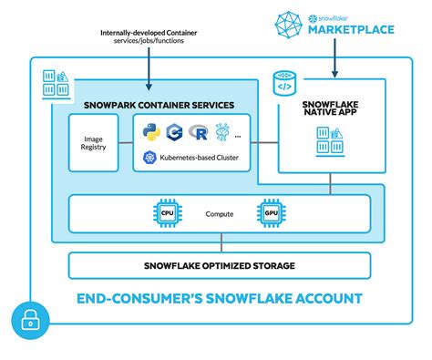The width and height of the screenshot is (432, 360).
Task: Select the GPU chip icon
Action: [x=268, y=213]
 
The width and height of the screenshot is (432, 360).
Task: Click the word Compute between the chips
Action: [x=218, y=214]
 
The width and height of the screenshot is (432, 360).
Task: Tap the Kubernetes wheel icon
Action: [x=150, y=158]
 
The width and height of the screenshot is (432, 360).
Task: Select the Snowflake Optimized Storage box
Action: [x=220, y=265]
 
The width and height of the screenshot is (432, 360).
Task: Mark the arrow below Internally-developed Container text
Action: [x=152, y=73]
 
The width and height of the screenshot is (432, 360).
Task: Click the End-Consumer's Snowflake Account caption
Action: [x=219, y=297]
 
